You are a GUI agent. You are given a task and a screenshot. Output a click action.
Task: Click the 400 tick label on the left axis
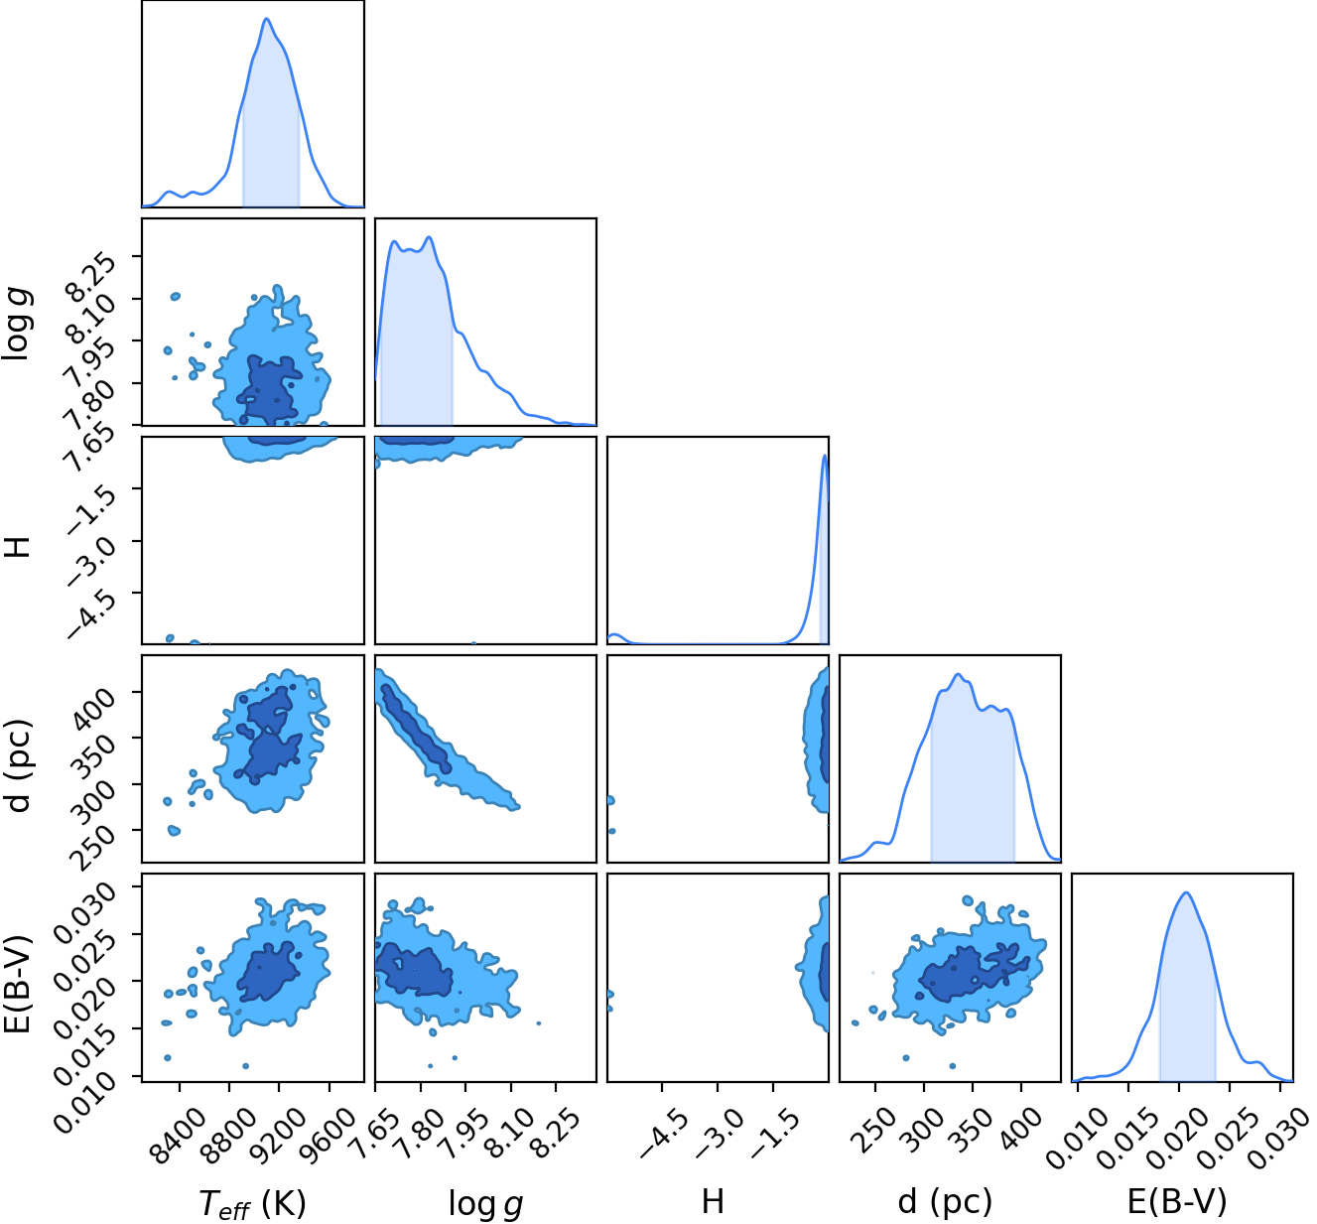92,703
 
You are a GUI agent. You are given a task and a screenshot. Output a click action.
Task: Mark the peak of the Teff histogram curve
267,19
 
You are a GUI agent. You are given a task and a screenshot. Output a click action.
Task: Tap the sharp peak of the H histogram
825,455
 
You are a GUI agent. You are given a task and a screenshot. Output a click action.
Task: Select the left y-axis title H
19,547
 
